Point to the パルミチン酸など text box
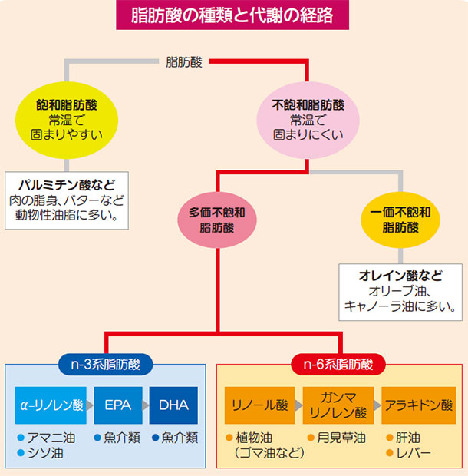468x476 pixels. pos(67,200)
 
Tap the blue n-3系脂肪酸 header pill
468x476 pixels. pos(105,364)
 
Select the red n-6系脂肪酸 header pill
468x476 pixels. pos(338,364)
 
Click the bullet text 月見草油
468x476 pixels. pos(341,438)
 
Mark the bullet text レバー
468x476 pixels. pos(414,453)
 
